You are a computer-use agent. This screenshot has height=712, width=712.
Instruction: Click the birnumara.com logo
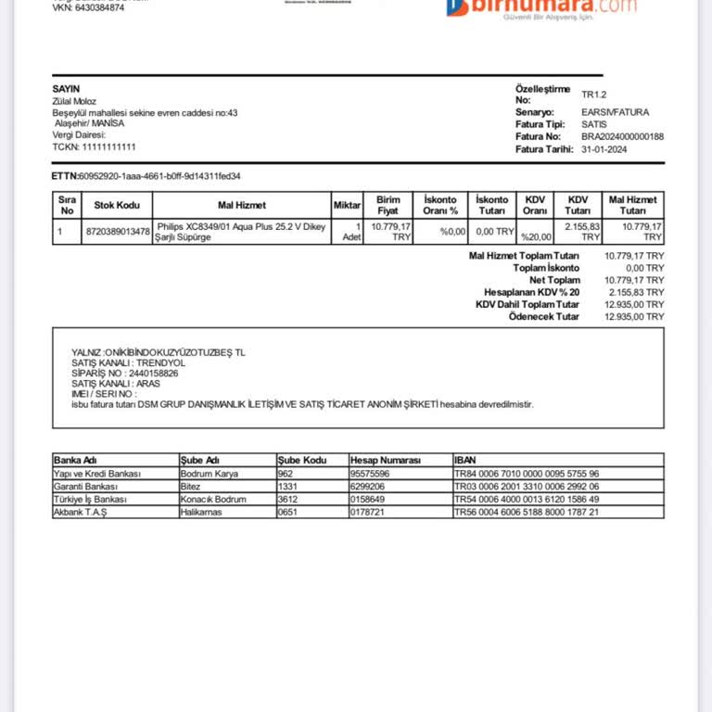point(542,6)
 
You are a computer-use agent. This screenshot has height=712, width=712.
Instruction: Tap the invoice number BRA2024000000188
point(622,136)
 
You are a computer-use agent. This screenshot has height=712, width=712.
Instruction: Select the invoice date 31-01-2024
point(604,149)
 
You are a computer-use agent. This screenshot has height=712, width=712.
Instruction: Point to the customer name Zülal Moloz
point(74,101)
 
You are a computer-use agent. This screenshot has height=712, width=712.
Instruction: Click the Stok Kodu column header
point(117,205)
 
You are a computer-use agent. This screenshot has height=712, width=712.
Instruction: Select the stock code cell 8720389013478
point(117,232)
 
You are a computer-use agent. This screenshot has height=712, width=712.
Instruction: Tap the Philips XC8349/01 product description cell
point(241,232)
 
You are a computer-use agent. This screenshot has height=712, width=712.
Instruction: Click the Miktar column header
point(347,205)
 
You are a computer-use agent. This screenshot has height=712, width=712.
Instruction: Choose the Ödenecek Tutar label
point(544,316)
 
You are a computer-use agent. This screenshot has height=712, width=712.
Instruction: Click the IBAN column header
point(465,460)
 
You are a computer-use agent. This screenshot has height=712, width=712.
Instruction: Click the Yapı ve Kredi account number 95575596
point(370,473)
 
